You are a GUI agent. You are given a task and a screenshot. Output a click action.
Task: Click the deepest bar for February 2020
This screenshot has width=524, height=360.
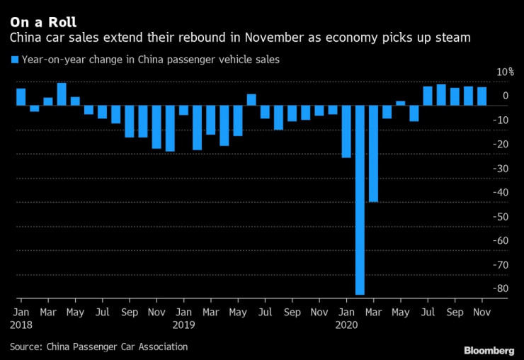[x=360, y=201]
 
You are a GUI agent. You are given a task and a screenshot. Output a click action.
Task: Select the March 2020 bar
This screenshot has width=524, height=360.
[x=373, y=154]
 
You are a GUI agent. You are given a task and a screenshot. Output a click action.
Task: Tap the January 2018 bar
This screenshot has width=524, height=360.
[x=21, y=97]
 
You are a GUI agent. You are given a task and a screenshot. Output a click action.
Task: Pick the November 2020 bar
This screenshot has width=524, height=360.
[x=482, y=96]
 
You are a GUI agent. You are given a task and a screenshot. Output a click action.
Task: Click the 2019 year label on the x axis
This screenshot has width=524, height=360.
[x=183, y=325]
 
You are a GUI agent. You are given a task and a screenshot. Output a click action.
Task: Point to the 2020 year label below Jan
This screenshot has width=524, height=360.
[x=346, y=325]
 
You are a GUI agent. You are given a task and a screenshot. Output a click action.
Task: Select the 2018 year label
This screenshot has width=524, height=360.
[x=21, y=325]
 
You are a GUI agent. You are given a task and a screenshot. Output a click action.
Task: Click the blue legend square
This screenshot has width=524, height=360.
[x=15, y=60]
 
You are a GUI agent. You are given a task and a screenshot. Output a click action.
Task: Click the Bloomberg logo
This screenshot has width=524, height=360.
[x=489, y=350]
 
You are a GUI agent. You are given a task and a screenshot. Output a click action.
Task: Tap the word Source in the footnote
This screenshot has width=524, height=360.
[x=25, y=347]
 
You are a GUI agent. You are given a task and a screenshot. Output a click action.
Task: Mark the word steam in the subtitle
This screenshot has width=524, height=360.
[x=455, y=38]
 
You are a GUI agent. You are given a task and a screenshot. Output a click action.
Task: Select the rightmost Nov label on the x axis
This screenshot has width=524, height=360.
[x=482, y=312]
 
